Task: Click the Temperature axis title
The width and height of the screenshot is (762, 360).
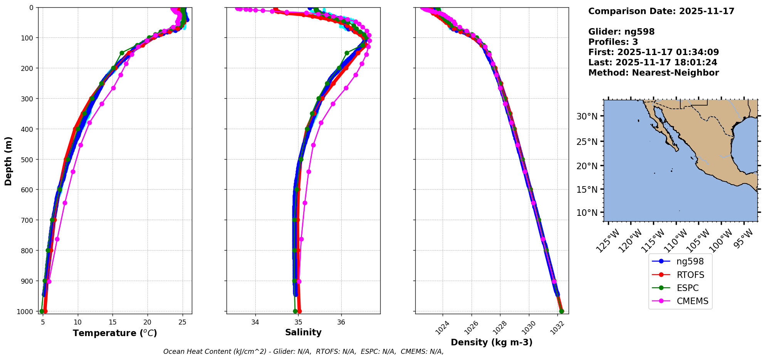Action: click(115, 333)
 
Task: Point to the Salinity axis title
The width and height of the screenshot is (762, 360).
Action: click(303, 332)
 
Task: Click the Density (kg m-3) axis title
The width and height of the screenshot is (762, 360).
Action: click(492, 342)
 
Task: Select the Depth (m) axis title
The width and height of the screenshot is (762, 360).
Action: click(8, 161)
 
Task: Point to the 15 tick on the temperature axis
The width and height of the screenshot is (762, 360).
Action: click(112, 322)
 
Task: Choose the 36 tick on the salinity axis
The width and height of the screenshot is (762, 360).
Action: click(341, 322)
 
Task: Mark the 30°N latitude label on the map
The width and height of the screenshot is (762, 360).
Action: click(587, 116)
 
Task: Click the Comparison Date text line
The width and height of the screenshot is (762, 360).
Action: click(661, 11)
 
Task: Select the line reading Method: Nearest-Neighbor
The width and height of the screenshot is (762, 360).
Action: click(653, 73)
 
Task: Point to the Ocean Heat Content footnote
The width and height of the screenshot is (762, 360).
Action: click(303, 352)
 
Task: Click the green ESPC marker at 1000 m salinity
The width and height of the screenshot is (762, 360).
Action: click(295, 311)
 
